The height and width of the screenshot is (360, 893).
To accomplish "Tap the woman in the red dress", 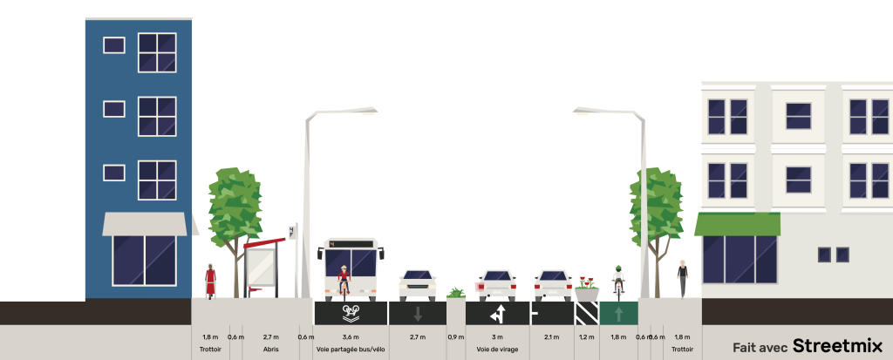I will (210, 280).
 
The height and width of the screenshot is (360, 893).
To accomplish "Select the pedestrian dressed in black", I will (682, 278).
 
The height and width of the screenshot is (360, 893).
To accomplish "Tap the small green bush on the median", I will (456, 293).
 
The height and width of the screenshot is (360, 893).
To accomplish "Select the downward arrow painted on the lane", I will (418, 313).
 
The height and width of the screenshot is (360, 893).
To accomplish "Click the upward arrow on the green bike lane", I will (618, 313).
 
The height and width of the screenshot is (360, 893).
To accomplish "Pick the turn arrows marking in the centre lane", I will (497, 313).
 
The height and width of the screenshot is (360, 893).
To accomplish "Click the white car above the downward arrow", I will (418, 284).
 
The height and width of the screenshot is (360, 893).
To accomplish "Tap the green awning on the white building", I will (737, 224).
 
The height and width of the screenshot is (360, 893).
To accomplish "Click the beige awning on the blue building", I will (144, 224).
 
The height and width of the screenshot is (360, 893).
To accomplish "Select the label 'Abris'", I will (270, 350).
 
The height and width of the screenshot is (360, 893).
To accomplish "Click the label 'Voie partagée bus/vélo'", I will (351, 350).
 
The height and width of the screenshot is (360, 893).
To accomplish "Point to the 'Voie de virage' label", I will (497, 350).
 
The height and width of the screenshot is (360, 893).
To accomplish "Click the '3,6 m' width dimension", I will (351, 337).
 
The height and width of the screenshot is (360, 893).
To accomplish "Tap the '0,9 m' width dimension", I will (455, 337).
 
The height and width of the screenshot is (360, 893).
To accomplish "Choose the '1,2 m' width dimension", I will (586, 337).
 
